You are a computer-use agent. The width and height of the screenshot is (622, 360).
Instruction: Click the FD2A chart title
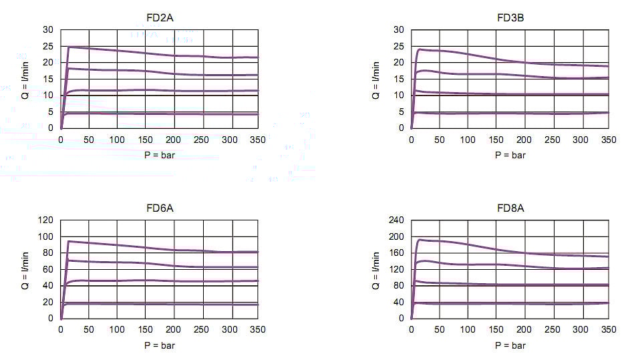click(x=159, y=17)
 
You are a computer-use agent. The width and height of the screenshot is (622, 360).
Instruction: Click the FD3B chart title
click(x=510, y=17)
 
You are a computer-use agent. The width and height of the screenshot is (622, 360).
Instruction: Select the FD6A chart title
click(x=159, y=208)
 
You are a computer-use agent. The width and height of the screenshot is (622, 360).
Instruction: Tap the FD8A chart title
click(x=510, y=208)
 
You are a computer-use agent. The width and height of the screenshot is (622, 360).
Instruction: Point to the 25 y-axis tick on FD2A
click(x=47, y=46)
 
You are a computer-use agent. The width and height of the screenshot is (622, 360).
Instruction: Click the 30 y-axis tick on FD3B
click(x=398, y=29)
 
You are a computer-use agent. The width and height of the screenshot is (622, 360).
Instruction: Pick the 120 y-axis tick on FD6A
click(x=45, y=220)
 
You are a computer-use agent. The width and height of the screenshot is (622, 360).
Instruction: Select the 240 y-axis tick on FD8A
click(x=396, y=220)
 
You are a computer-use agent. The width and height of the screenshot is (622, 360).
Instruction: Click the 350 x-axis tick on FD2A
click(x=257, y=140)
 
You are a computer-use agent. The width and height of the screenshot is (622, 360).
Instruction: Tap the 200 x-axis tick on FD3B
click(x=524, y=140)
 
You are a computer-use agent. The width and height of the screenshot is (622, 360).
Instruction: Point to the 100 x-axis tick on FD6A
click(x=117, y=330)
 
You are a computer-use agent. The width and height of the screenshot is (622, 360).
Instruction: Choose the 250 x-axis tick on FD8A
click(x=552, y=330)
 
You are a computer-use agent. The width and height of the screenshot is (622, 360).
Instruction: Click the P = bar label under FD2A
click(x=159, y=155)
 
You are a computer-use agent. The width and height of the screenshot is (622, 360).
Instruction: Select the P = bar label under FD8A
click(x=510, y=345)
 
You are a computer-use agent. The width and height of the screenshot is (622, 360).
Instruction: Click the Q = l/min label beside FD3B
click(x=375, y=79)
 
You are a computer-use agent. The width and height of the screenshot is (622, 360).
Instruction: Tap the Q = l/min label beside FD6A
click(x=25, y=270)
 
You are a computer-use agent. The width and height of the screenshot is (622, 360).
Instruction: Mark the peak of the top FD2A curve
click(x=69, y=47)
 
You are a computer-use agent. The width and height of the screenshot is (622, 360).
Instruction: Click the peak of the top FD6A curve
click(x=68, y=241)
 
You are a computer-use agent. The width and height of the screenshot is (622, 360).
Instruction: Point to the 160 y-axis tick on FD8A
click(x=396, y=253)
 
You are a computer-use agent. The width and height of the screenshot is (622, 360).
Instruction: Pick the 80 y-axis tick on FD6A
click(x=47, y=253)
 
